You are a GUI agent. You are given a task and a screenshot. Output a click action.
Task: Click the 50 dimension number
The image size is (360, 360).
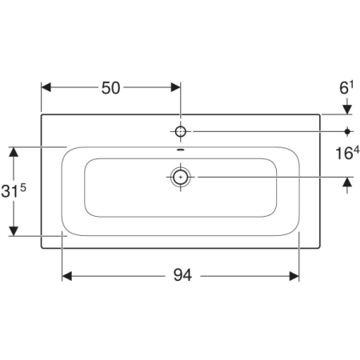point(110,88)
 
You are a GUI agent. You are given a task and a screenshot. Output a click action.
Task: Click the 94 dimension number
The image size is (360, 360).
point(182,275)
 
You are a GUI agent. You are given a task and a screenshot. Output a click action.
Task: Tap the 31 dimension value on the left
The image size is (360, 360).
point(10,191)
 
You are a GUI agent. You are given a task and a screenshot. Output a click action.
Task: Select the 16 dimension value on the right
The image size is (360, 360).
point(344,154)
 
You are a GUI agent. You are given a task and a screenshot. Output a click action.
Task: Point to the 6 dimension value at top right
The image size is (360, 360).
point(344,88)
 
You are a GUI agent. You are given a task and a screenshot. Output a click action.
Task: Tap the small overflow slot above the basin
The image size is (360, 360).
point(181,150)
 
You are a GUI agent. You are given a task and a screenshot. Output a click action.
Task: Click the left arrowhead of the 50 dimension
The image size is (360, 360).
point(46,87)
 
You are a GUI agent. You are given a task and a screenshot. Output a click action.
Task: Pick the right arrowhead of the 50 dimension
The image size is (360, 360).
point(175,87)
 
